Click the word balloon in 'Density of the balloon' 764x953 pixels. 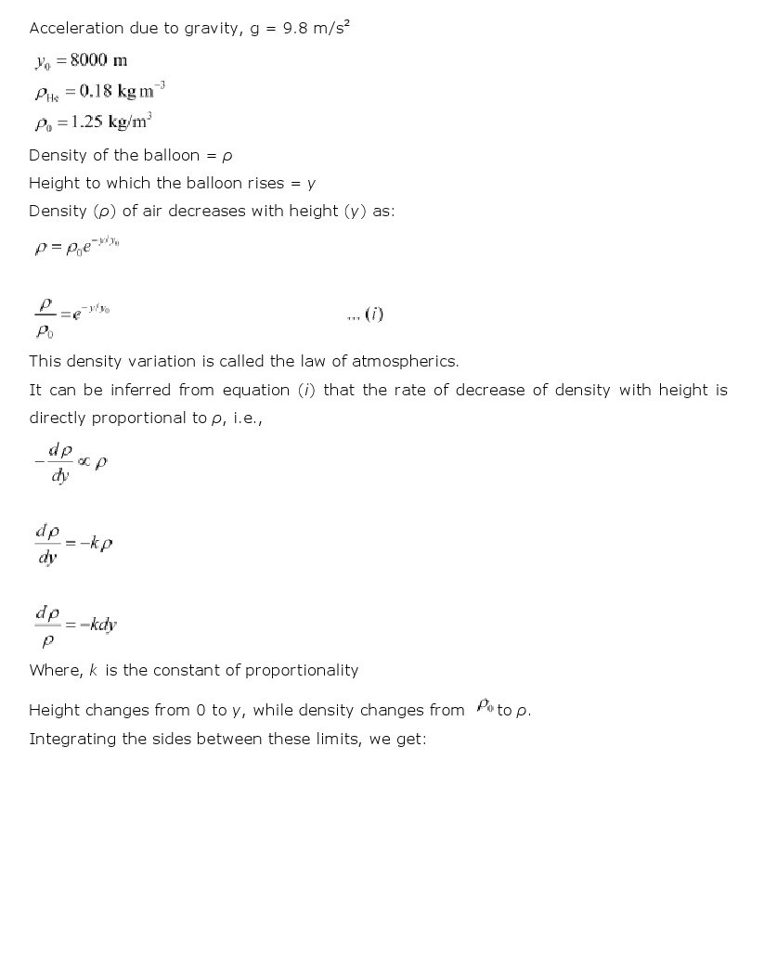point(166,155)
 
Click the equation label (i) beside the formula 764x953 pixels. point(374,314)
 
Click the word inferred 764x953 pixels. point(148,390)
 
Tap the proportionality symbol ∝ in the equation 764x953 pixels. point(84,461)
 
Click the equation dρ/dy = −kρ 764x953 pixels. point(73,544)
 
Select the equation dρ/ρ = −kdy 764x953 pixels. point(75,625)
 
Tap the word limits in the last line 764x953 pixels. point(337,739)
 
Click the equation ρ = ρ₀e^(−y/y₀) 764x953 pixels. point(76,247)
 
